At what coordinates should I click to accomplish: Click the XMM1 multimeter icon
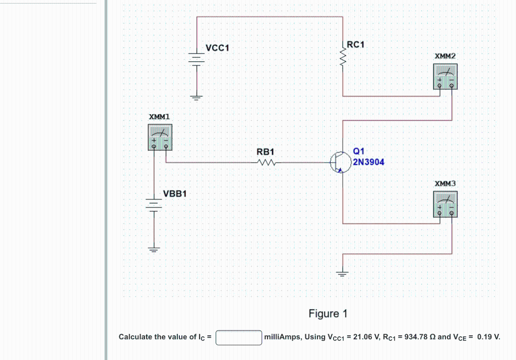[160, 137]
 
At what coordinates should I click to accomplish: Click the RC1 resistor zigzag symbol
[343, 57]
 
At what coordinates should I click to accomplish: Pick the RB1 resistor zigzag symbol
[266, 163]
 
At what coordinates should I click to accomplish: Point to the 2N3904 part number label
[368, 162]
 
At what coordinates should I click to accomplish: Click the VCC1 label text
[217, 48]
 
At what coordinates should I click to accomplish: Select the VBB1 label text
[175, 194]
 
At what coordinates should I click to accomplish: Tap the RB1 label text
[265, 152]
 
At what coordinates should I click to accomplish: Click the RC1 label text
[356, 45]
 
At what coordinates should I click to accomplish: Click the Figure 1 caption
[328, 314]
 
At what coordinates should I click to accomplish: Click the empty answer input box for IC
[238, 337]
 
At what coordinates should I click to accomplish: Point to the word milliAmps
[282, 337]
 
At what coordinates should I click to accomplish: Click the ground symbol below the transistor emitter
[343, 273]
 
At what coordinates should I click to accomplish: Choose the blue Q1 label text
[358, 151]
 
